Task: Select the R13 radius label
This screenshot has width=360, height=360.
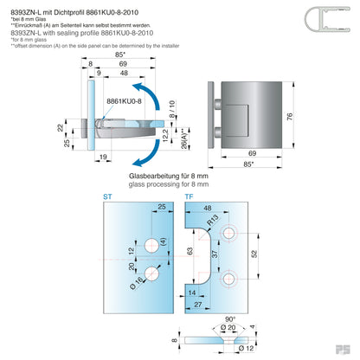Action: [x=210, y=222]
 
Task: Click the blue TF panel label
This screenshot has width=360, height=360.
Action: [x=189, y=197]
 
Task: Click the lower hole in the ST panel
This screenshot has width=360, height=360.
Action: [x=152, y=273]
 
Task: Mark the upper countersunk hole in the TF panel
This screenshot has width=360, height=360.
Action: [x=230, y=234]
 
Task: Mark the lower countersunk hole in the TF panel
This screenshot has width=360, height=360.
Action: [x=230, y=280]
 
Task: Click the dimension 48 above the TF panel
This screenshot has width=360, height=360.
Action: [x=208, y=209]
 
